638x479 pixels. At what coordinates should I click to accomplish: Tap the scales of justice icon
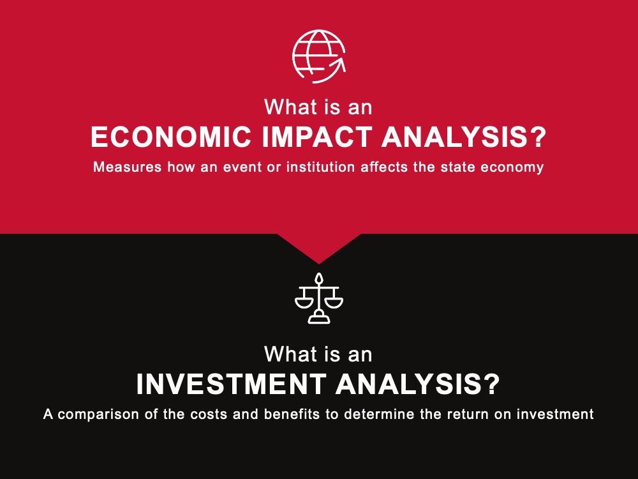point(319,298)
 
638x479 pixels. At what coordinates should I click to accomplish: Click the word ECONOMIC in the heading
point(171,137)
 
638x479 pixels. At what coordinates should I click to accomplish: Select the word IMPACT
point(316,137)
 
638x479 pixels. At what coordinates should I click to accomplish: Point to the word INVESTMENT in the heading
point(231,384)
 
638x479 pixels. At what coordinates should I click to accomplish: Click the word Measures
point(128,167)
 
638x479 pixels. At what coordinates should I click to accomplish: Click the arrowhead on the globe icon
point(339,65)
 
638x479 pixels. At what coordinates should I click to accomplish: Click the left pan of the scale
point(304,303)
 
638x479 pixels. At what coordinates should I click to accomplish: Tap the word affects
point(384,167)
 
